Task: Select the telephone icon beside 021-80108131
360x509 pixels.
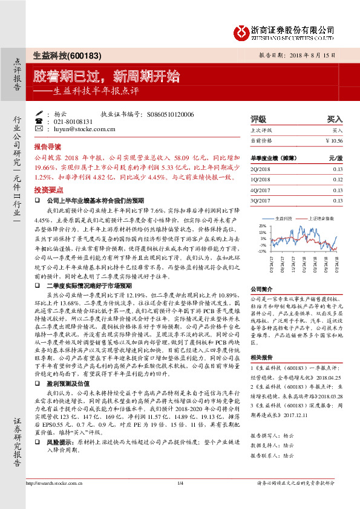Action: (x=39, y=121)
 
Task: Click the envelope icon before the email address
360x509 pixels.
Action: (x=39, y=129)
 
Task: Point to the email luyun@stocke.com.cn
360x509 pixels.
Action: (x=80, y=129)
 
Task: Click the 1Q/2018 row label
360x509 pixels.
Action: (x=261, y=180)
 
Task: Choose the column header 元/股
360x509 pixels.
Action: (x=336, y=158)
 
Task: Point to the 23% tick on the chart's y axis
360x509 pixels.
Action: (x=262, y=225)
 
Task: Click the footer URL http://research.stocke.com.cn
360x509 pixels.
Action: (x=53, y=499)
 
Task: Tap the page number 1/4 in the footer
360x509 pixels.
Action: (x=180, y=499)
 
